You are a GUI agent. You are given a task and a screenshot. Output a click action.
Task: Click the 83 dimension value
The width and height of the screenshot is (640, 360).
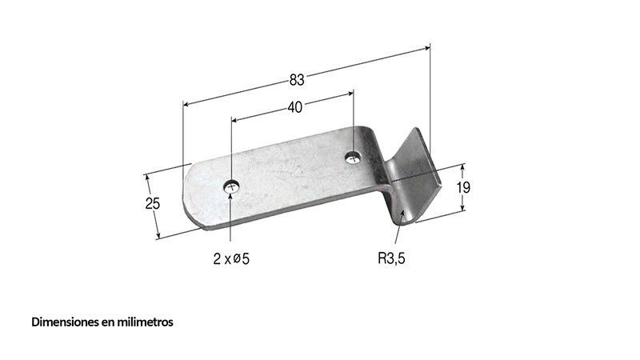(297, 79)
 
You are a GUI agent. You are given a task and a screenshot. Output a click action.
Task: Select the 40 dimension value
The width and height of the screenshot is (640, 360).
(294, 107)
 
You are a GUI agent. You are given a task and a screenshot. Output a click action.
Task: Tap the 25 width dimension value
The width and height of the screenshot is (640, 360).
(153, 203)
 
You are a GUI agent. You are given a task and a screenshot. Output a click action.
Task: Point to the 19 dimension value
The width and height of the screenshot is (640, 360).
(463, 188)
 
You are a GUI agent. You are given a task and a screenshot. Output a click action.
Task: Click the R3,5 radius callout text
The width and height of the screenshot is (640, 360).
(391, 258)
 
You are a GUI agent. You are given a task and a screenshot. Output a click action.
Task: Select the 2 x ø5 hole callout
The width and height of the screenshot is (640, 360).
(231, 258)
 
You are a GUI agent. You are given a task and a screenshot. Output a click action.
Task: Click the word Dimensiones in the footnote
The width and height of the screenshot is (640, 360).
(65, 322)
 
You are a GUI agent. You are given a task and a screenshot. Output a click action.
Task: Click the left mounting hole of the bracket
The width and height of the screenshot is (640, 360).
(231, 187)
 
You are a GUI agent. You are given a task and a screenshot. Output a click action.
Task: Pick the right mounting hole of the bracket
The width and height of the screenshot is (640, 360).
(353, 158)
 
